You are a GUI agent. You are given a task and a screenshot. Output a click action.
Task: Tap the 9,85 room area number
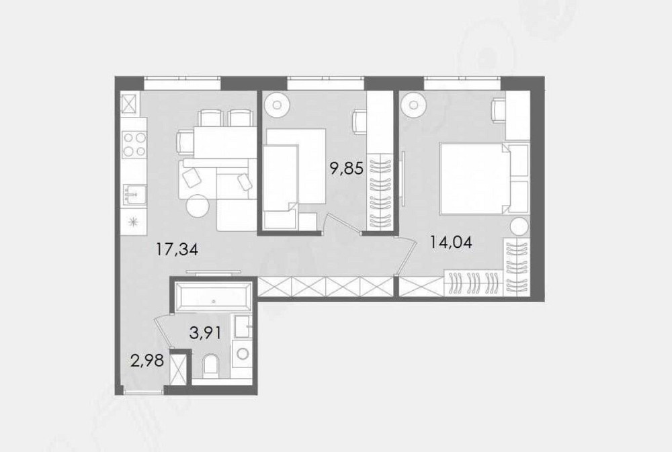pyautogui.click(x=346, y=168)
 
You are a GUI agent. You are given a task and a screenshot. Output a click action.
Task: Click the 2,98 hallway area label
pyautogui.click(x=146, y=363)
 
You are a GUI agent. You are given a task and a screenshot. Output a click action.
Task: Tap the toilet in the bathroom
pyautogui.click(x=210, y=365)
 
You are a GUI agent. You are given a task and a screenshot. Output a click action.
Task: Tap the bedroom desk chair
pyautogui.click(x=498, y=109)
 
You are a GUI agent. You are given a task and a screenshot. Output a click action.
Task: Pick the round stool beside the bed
pyautogui.click(x=518, y=226)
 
